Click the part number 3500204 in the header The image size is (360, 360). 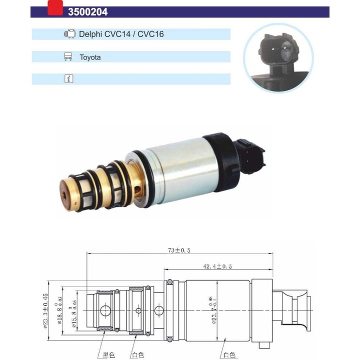pyautogui.click(x=87, y=11)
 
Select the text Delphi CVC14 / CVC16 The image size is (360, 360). pyautogui.click(x=121, y=34)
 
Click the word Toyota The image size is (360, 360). pyautogui.click(x=90, y=57)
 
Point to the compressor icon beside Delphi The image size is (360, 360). pyautogui.click(x=69, y=34)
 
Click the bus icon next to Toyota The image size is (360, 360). pyautogui.click(x=68, y=57)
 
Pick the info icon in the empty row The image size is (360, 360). pyautogui.click(x=68, y=79)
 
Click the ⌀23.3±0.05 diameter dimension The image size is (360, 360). pyautogui.click(x=45, y=310)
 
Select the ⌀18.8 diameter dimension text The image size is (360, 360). pyautogui.click(x=60, y=310)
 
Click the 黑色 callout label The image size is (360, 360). pyautogui.click(x=109, y=355)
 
